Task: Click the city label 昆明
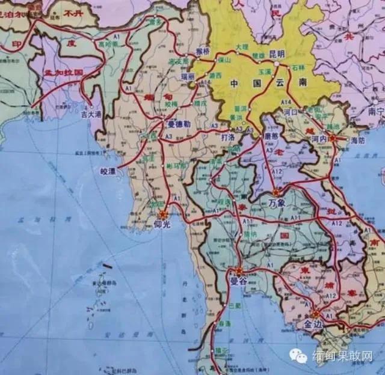point(276,53)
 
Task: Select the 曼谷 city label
point(239,281)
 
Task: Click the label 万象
point(277,203)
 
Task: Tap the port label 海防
point(357,139)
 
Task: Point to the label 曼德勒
point(179,124)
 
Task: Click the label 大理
point(242,46)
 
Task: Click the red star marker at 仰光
point(162,215)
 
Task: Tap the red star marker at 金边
point(316,313)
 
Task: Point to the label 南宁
point(376,111)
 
